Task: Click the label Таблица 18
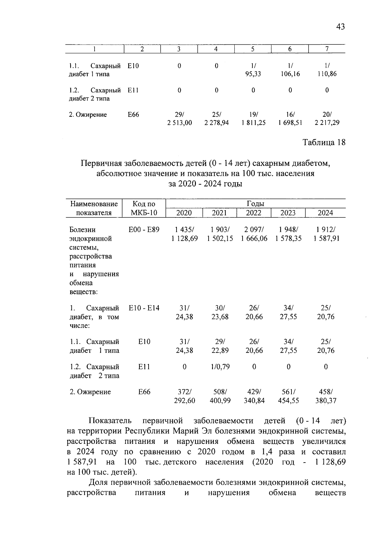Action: click(x=324, y=142)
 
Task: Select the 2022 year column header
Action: click(x=254, y=213)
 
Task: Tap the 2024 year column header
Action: click(x=325, y=213)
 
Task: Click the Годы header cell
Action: click(x=255, y=204)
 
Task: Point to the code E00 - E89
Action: click(x=144, y=230)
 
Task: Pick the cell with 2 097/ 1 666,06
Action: click(x=254, y=234)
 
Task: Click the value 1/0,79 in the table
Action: click(x=220, y=367)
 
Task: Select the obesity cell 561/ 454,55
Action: click(x=288, y=396)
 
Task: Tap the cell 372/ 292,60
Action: click(x=184, y=396)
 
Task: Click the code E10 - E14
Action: click(x=144, y=308)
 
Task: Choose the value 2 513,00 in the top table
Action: click(x=180, y=123)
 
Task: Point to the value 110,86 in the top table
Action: click(x=327, y=74)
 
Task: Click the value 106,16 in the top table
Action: click(x=290, y=74)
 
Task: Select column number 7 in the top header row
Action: click(x=327, y=49)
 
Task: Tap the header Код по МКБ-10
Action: click(x=144, y=208)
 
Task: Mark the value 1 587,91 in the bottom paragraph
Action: click(x=82, y=462)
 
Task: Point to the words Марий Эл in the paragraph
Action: click(x=187, y=431)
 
